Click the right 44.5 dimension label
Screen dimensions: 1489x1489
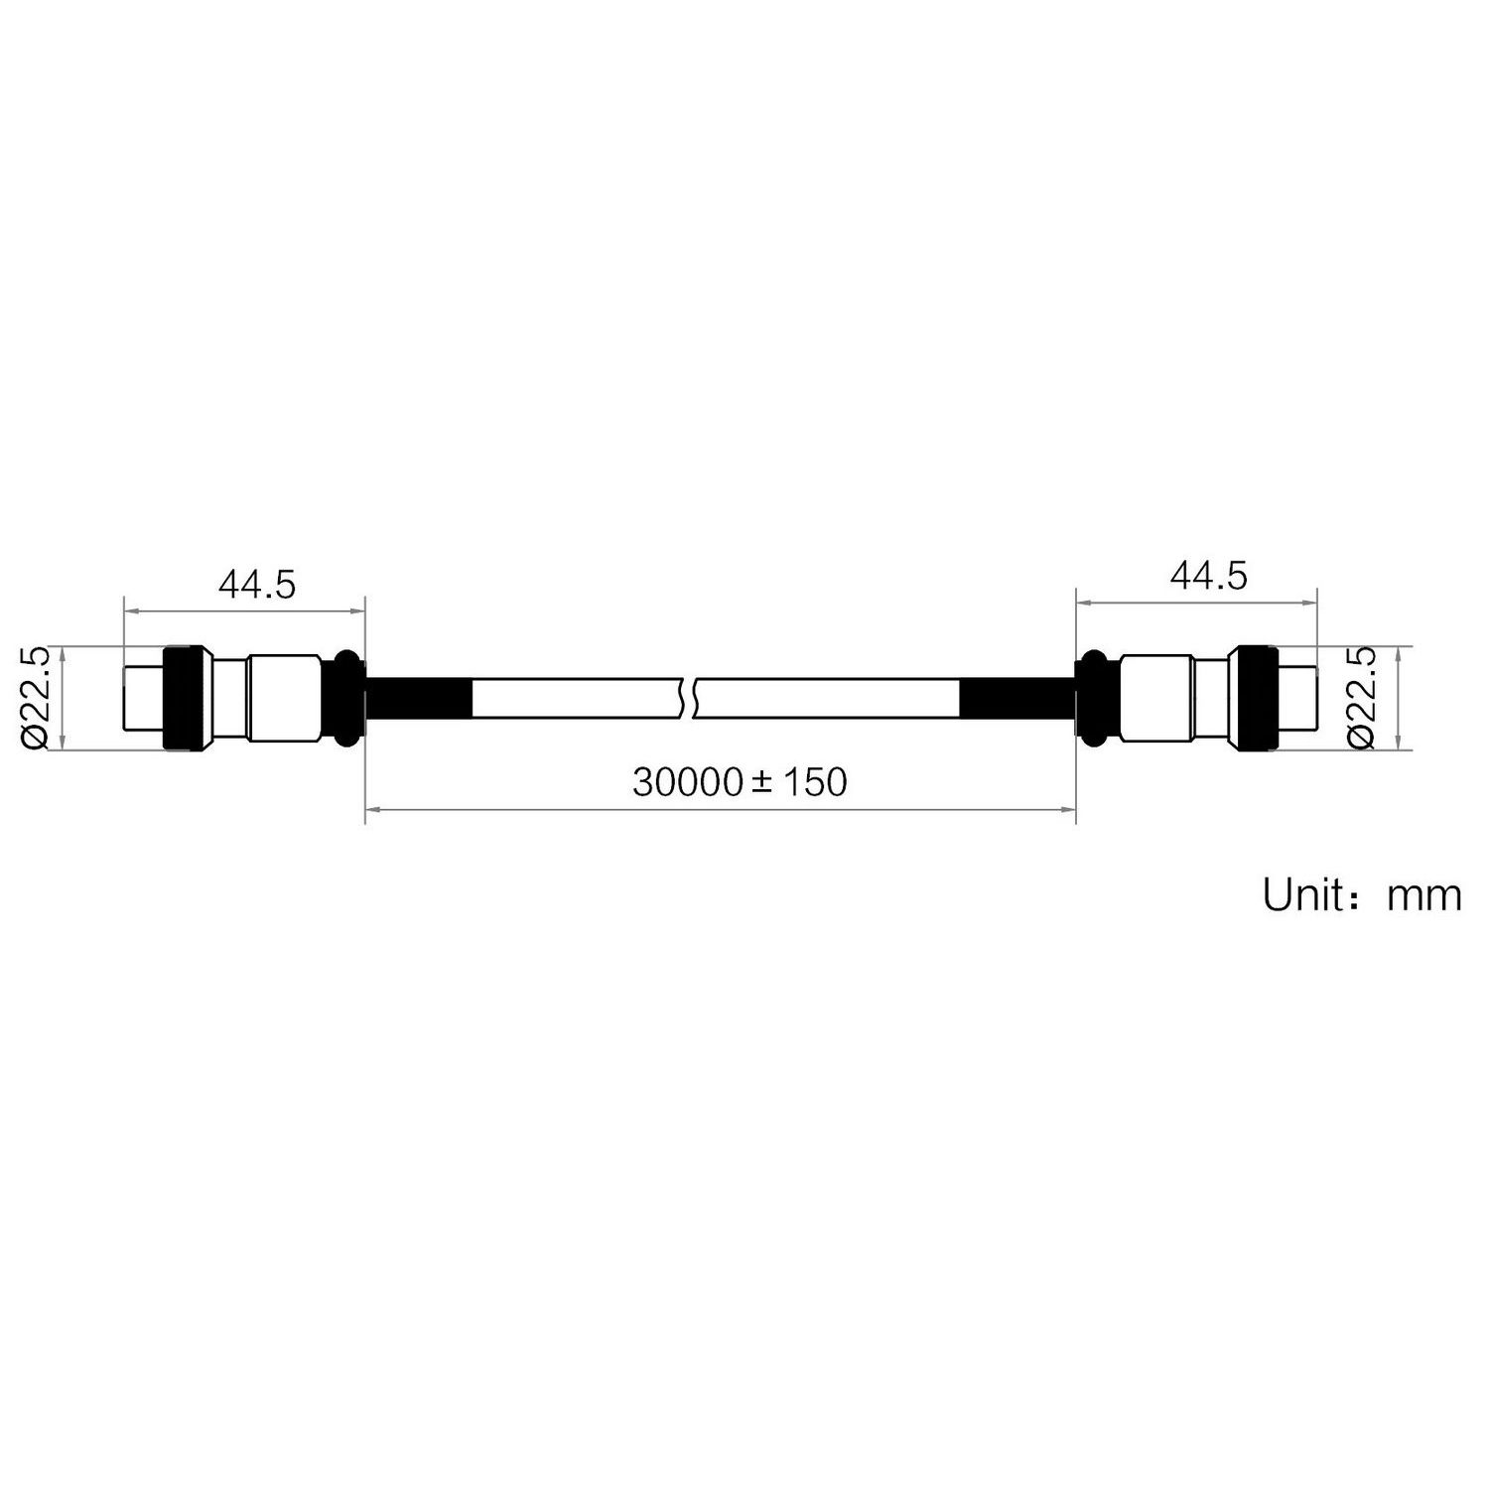click(1208, 575)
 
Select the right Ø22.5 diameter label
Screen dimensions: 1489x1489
click(1361, 698)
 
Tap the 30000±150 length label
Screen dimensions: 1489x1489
click(741, 782)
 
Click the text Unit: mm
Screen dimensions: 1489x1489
click(1362, 895)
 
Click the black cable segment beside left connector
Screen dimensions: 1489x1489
click(418, 698)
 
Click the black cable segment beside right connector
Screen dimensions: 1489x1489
click(1016, 698)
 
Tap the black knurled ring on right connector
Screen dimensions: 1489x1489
click(1256, 698)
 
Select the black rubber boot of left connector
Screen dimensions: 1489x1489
click(346, 697)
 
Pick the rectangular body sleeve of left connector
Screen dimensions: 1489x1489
click(283, 698)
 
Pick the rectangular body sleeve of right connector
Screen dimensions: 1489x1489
click(1155, 698)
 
